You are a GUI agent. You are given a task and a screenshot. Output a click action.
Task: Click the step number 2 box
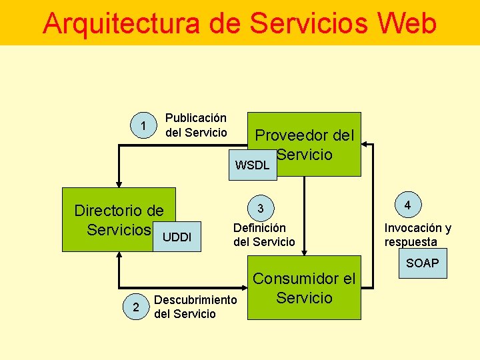[136, 307]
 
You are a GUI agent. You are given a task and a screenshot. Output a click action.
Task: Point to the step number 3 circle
[261, 209]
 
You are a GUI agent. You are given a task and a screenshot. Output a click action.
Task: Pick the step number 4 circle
[407, 205]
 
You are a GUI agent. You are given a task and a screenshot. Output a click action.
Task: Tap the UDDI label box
[177, 237]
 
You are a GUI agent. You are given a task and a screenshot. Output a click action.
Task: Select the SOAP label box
[423, 263]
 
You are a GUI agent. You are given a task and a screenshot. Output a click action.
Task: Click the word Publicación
[196, 118]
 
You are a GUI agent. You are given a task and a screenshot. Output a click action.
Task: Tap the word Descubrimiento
[195, 300]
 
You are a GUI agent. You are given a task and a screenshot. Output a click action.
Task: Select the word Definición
[260, 228]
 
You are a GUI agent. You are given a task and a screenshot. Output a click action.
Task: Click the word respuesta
[411, 242]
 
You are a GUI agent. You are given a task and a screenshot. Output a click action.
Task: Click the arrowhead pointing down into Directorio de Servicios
[119, 183]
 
